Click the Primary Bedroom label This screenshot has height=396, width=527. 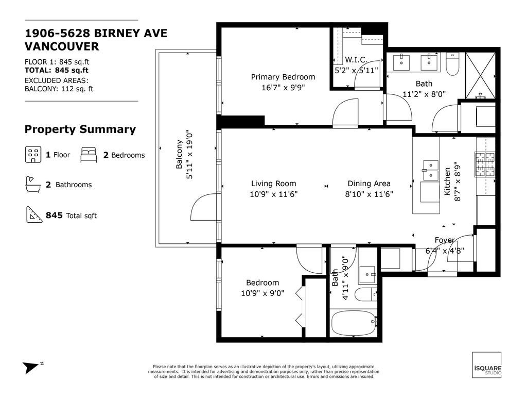tap(283, 77)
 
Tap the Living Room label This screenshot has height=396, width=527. tap(273, 184)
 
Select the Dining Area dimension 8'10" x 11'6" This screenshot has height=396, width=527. tap(369, 194)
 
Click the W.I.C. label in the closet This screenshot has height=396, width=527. tap(356, 59)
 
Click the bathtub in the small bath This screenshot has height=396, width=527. tap(354, 323)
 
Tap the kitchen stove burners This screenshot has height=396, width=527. tap(485, 164)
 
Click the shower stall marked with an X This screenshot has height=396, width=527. tap(482, 75)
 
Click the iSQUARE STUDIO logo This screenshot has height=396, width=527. tap(486, 365)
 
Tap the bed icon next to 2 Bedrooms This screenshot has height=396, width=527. tap(89, 154)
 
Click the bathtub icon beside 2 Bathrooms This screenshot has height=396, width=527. tap(33, 184)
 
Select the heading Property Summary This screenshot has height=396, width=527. tap(80, 129)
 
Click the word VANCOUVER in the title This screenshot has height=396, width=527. tap(62, 46)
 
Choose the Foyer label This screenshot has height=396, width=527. tap(445, 240)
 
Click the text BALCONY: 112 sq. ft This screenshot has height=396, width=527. tap(59, 89)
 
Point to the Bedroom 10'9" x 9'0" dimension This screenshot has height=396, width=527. tap(262, 293)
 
